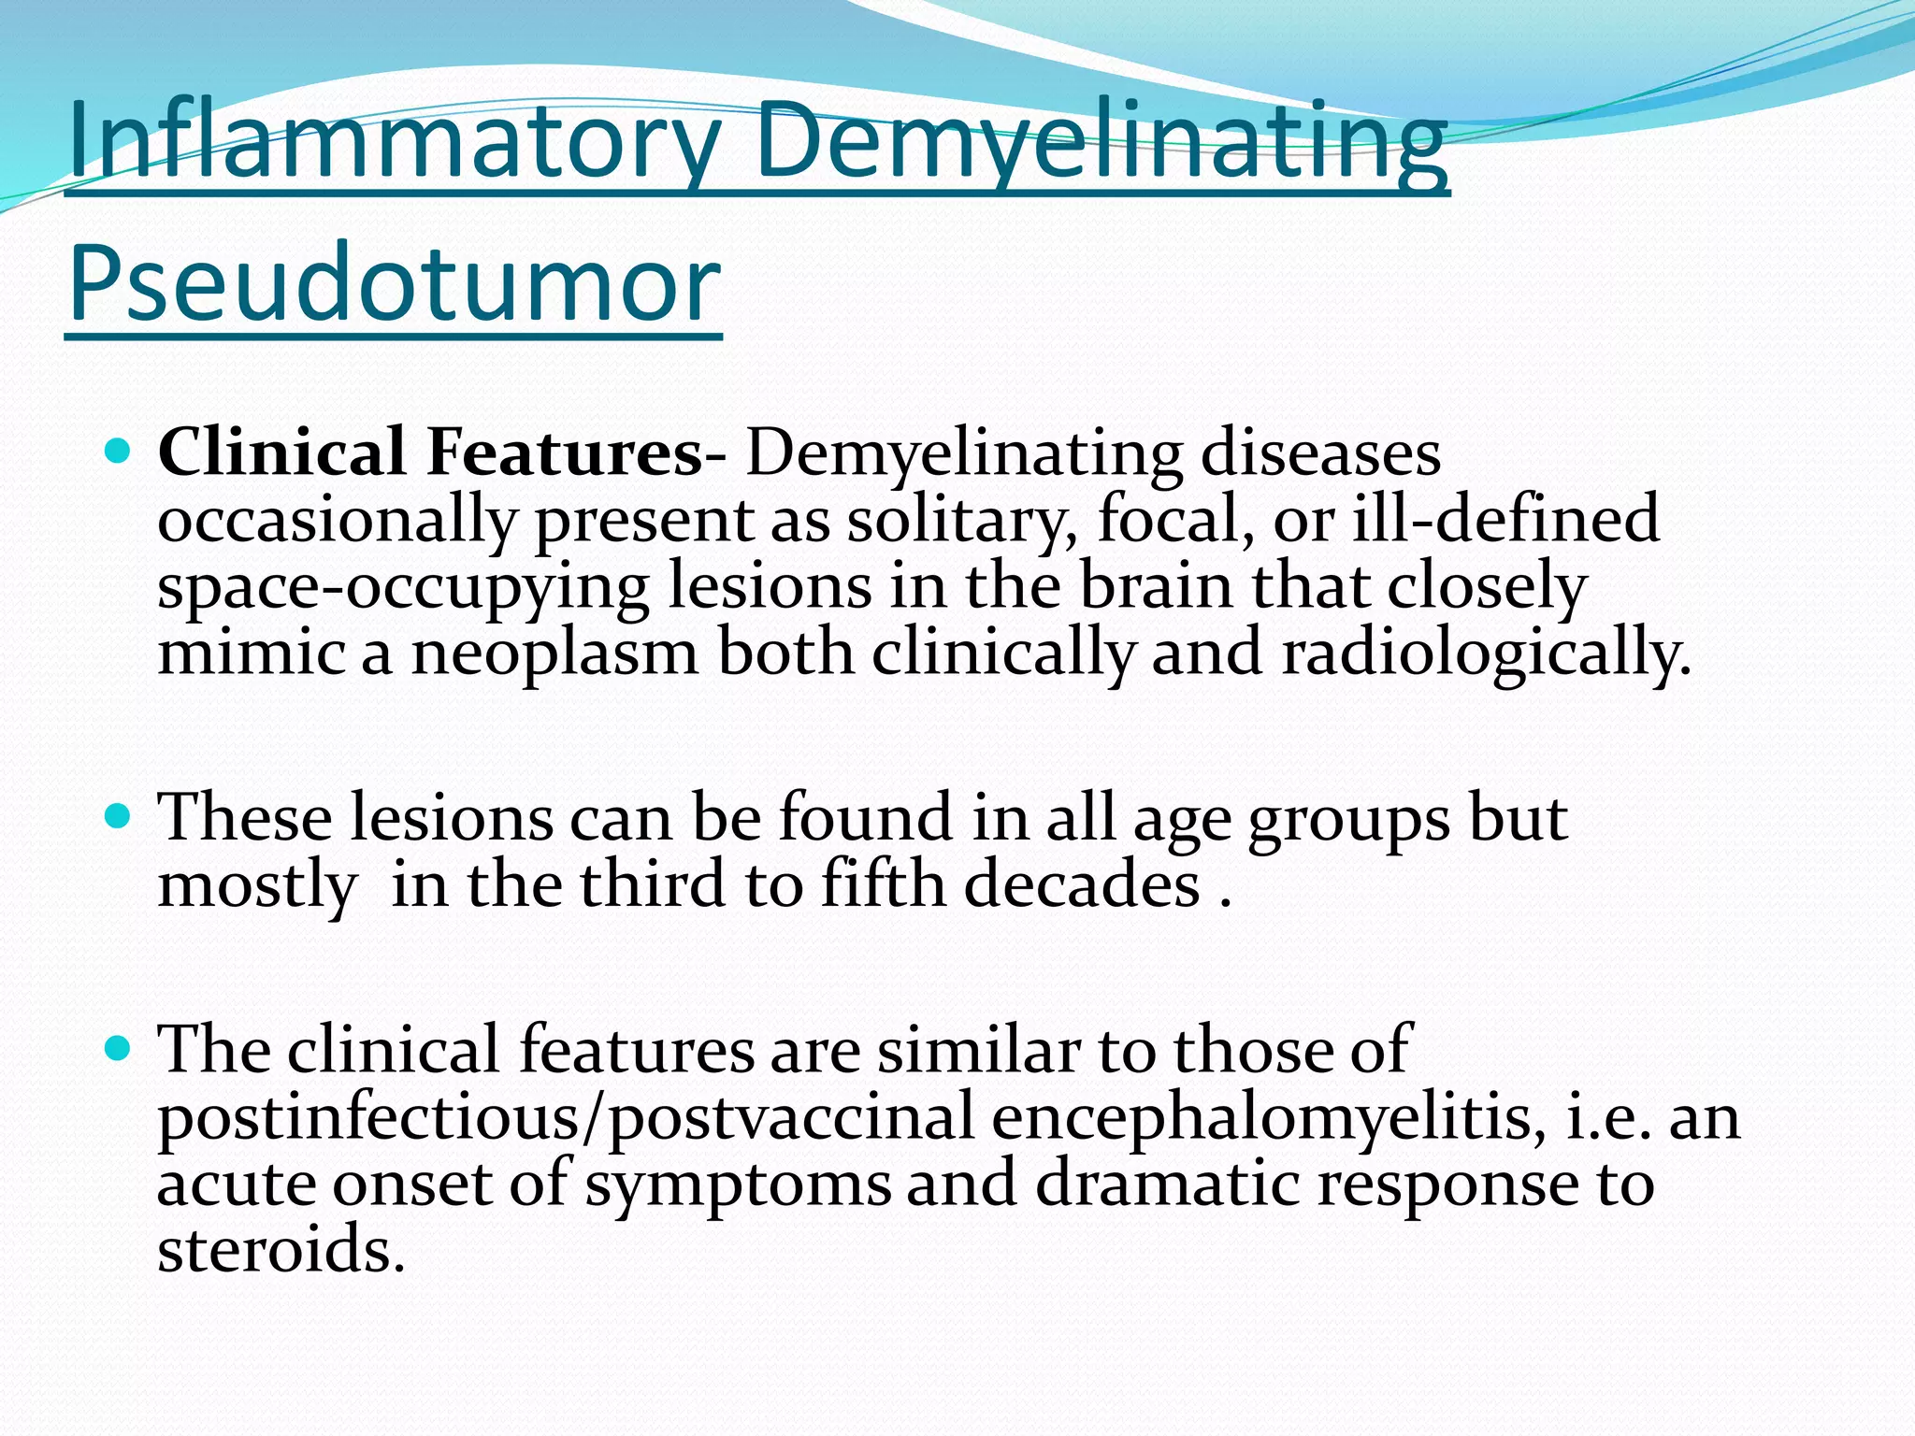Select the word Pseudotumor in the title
coord(394,283)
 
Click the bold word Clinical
coord(281,453)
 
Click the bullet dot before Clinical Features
coord(117,453)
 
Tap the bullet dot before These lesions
coord(117,818)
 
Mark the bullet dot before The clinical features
coord(117,1049)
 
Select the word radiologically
coord(1486,653)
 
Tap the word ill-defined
coord(1505,520)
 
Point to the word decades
coord(1082,884)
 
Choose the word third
coord(652,884)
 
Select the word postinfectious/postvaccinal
coord(566,1117)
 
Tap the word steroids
coord(281,1251)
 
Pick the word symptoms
coord(738,1185)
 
